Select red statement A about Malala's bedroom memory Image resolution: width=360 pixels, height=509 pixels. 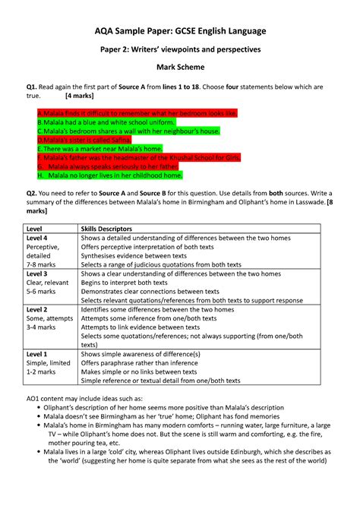point(137,112)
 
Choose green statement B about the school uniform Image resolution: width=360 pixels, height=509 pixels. point(106,122)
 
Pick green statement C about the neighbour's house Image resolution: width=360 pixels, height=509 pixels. point(128,131)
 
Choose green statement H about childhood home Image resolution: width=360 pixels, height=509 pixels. point(110,175)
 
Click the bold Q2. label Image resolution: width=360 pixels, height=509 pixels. point(32,193)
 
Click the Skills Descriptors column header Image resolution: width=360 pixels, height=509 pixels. point(106,228)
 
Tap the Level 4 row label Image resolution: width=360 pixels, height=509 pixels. point(37,238)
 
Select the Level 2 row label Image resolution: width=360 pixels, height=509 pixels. point(37,309)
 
